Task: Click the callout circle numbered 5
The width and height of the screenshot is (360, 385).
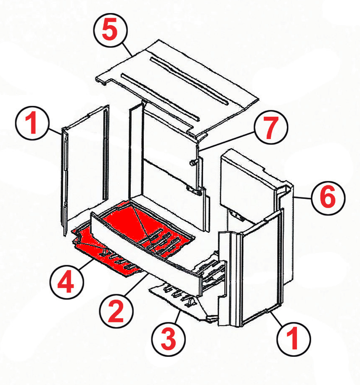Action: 111,30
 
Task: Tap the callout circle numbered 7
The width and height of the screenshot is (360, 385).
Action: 271,127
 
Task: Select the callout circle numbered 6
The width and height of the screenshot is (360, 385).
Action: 328,198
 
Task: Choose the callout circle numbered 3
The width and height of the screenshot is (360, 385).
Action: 169,339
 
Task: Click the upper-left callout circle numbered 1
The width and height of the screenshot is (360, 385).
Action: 32,123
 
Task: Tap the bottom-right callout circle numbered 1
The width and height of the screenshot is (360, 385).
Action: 294,339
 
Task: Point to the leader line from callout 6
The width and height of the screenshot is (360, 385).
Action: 302,198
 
